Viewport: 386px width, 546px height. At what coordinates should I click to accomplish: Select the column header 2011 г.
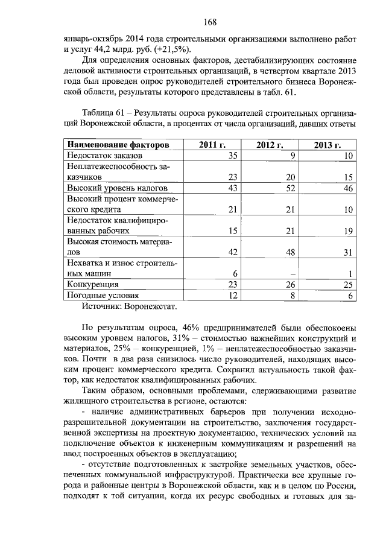[x=212, y=145]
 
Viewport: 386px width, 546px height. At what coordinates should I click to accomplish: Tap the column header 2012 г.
[x=270, y=145]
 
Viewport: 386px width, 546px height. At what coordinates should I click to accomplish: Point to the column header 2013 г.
[x=327, y=145]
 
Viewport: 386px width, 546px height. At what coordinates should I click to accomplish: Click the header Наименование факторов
[x=117, y=145]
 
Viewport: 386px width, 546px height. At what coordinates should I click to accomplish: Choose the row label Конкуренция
[x=92, y=284]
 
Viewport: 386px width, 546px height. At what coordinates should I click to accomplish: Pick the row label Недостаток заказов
[x=103, y=156]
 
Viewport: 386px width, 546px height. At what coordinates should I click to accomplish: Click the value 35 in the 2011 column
[x=234, y=156]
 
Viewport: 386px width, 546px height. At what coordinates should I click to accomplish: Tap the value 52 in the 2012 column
[x=292, y=189]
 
